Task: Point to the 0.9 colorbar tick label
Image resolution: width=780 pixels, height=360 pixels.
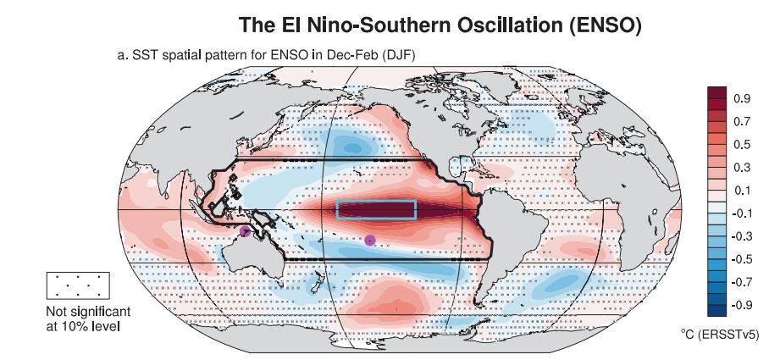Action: click(742, 98)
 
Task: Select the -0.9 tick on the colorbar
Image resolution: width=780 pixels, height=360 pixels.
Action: click(740, 304)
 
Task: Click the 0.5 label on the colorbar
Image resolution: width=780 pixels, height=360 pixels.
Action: click(742, 144)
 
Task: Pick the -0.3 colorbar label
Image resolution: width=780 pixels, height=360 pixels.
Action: click(740, 235)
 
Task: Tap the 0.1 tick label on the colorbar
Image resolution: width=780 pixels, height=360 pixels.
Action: click(742, 190)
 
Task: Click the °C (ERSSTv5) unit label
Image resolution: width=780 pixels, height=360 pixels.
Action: click(719, 335)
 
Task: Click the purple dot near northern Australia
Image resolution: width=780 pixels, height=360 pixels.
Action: click(246, 230)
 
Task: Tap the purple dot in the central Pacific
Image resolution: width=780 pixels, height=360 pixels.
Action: click(369, 241)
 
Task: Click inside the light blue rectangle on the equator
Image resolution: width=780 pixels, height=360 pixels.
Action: click(376, 209)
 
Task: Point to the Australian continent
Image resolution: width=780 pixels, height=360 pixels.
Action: click(254, 254)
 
